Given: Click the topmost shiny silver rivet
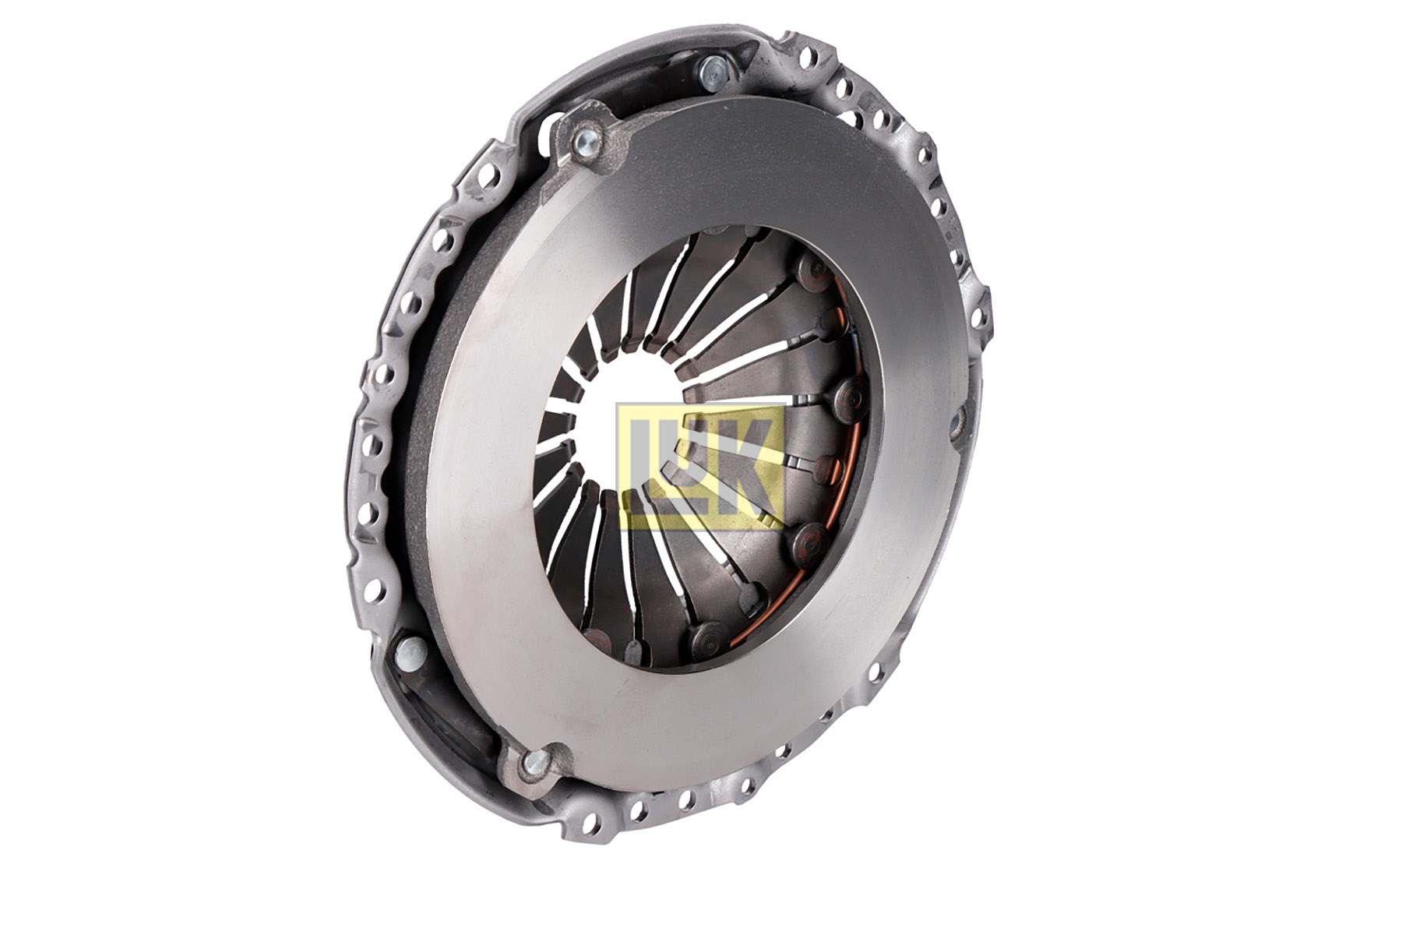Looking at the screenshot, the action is tap(711, 72).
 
